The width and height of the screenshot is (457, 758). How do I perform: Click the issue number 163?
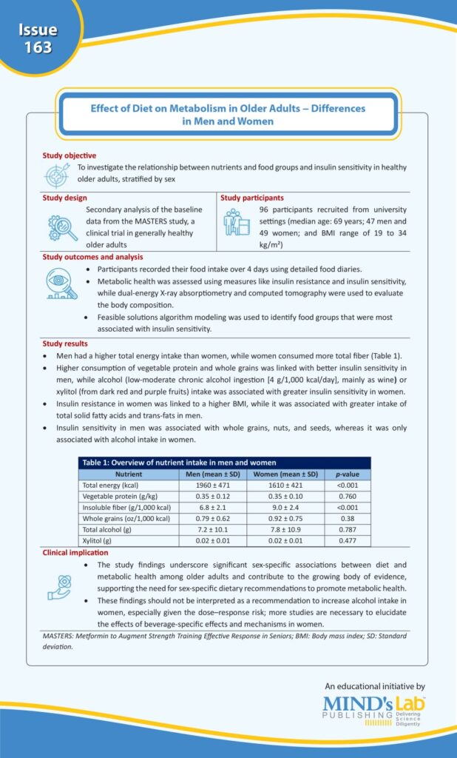pos(37,47)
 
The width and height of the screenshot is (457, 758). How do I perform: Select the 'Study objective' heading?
pos(70,155)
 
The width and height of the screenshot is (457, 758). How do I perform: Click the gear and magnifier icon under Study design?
pos(63,227)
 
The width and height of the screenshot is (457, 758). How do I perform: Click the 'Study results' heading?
pos(65,343)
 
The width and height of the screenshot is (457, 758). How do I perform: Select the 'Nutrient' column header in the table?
pos(129,474)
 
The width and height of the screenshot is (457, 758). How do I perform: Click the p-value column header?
pos(347,474)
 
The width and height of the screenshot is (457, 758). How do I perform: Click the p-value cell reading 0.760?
pos(347,496)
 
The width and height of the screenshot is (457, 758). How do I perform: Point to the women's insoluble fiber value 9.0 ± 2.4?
pos(285,507)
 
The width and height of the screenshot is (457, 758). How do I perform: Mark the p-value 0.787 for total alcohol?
pos(347,530)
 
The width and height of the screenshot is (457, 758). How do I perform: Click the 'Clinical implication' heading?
pos(75,553)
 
